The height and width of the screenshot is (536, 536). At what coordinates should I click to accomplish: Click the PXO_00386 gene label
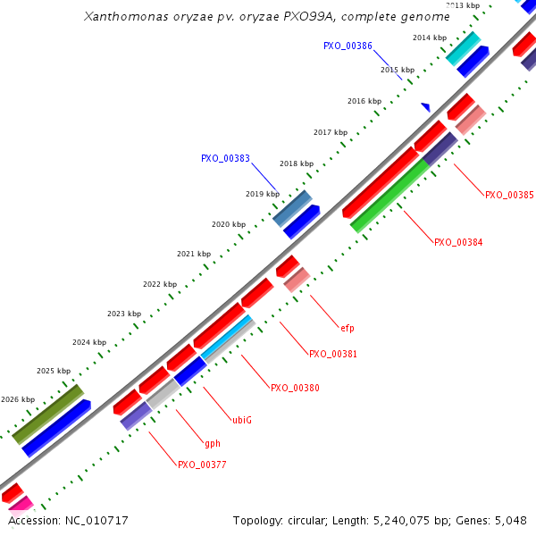[x=348, y=46]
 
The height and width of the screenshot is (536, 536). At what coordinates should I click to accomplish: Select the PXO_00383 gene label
[x=225, y=158]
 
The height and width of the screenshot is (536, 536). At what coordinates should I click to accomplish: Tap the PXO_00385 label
[x=509, y=195]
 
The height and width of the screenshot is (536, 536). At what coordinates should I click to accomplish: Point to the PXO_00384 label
[x=458, y=242]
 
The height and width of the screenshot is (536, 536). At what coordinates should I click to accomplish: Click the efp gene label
[x=348, y=328]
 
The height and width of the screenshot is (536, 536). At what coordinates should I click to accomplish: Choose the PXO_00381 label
[x=333, y=355]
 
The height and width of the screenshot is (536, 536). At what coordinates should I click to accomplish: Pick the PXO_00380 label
[x=295, y=389]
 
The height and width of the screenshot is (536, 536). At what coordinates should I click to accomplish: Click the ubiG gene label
[x=242, y=420]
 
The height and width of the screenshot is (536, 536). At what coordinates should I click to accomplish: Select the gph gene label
[x=213, y=443]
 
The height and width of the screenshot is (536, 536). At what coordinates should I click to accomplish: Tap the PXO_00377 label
[x=202, y=465]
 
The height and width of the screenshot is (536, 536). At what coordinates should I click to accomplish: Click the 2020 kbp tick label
[x=228, y=224]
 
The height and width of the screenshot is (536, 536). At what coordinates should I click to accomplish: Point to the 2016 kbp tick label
[x=364, y=101]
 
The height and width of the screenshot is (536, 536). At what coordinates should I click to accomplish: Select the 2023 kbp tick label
[x=124, y=314]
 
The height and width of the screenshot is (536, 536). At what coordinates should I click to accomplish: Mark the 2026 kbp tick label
[x=18, y=400]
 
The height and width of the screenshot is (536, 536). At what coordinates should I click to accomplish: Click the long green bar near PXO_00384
[x=390, y=196]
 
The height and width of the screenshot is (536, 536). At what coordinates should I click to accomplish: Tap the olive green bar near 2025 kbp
[x=48, y=414]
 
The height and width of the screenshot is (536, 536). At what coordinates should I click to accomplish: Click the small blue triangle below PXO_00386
[x=426, y=107]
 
